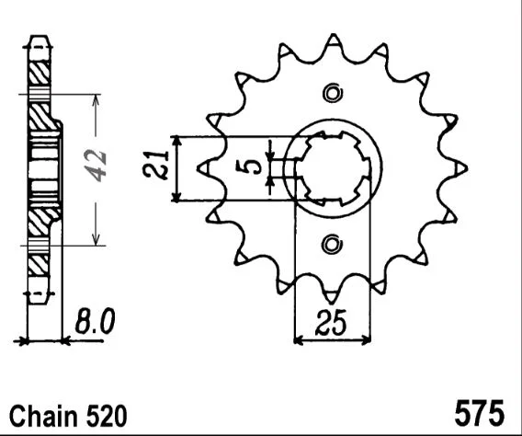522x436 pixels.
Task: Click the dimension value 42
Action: pos(96,166)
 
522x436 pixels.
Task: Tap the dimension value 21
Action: pos(155,166)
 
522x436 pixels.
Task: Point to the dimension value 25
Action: pos(331,323)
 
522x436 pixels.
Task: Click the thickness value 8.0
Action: pos(95,321)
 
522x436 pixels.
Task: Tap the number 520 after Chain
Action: pos(107,416)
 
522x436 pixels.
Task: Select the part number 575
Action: pos(480,415)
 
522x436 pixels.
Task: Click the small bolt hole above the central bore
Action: pos(333,93)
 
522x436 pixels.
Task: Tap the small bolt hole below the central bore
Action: pos(331,245)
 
